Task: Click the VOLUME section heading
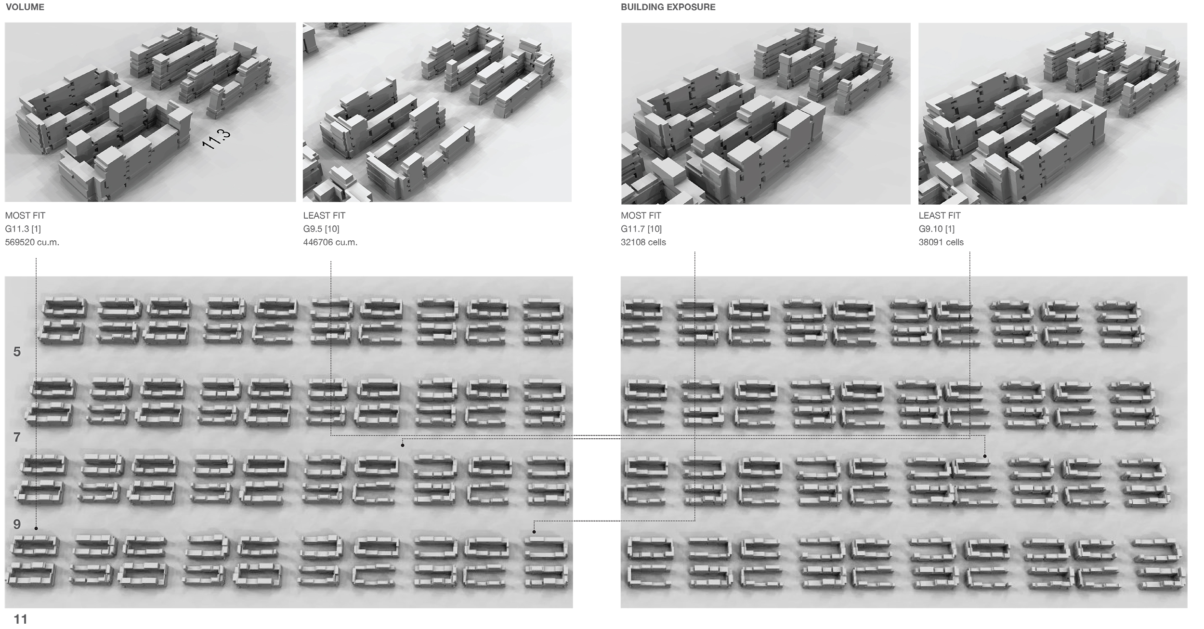[25, 7]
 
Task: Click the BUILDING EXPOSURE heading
[668, 7]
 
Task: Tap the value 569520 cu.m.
[32, 242]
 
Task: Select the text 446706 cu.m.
[330, 242]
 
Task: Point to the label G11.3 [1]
[23, 229]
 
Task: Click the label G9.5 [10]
[321, 229]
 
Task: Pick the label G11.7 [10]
[641, 229]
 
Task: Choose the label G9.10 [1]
[937, 229]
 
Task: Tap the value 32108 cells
[643, 242]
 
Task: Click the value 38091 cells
[941, 242]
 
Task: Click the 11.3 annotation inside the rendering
[216, 139]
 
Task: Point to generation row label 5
[17, 352]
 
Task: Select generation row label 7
[17, 437]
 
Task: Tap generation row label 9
[17, 524]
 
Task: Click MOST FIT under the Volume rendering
[25, 215]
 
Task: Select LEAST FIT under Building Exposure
[940, 215]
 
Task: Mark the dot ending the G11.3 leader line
[36, 528]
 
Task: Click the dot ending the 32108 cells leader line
[534, 532]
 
